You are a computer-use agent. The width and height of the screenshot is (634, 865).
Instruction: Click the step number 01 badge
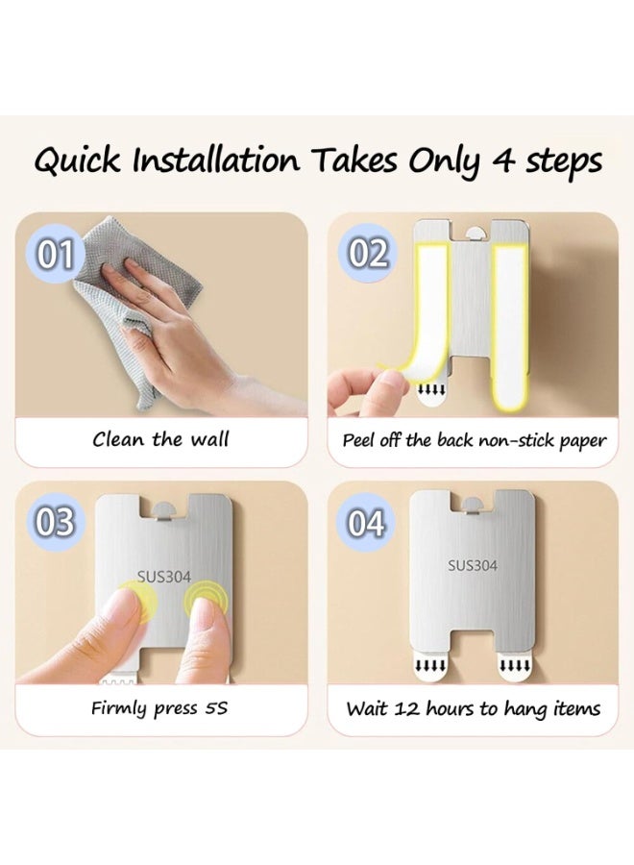pos(55,255)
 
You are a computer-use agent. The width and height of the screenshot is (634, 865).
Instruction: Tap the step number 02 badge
pos(368,254)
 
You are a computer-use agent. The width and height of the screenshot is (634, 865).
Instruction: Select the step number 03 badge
pos(55,521)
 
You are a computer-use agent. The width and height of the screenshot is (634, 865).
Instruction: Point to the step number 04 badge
pos(366,523)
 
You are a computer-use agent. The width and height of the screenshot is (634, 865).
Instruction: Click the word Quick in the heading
pos(77,161)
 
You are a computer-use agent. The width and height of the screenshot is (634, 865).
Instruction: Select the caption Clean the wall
pos(160,439)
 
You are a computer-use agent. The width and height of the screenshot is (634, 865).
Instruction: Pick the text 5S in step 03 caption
pos(215,707)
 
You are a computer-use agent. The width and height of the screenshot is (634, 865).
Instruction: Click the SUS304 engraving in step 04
pos(473,565)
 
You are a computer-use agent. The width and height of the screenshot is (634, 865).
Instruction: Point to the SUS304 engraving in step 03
pos(163,577)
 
